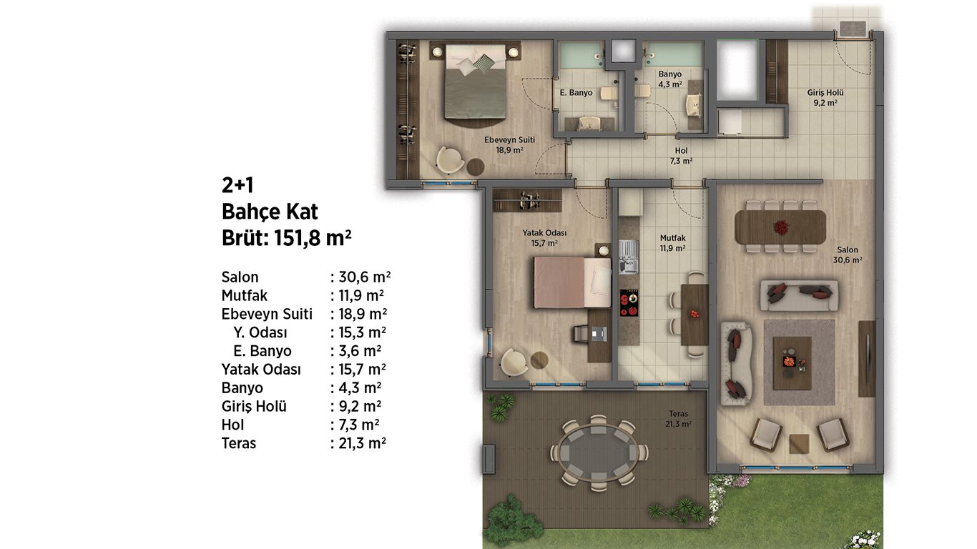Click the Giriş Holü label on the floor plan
click(x=825, y=92)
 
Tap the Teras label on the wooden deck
click(x=678, y=413)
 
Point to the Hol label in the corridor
click(x=681, y=150)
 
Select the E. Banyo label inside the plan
click(x=576, y=92)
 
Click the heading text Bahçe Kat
click(x=270, y=212)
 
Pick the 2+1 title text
click(x=237, y=185)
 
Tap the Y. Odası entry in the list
click(x=260, y=332)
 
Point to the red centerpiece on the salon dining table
click(x=780, y=227)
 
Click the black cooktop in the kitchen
click(x=629, y=302)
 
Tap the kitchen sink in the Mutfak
click(x=629, y=257)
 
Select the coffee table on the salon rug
click(x=792, y=363)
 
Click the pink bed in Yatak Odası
click(x=572, y=282)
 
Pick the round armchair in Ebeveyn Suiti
click(x=450, y=160)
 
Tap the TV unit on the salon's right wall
click(x=867, y=358)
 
